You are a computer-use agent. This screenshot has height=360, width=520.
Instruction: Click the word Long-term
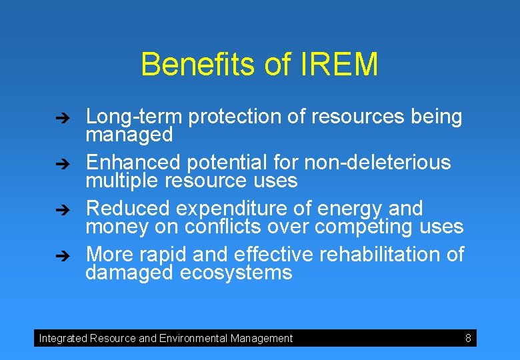[x=134, y=117]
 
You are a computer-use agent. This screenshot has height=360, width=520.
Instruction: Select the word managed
[x=129, y=135]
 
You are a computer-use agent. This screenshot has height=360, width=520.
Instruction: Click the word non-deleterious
[x=377, y=162]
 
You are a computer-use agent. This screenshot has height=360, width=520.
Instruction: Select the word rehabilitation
[x=385, y=254]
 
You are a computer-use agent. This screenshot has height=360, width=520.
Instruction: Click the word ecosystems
[x=236, y=273]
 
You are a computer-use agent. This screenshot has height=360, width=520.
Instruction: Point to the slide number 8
[x=468, y=339]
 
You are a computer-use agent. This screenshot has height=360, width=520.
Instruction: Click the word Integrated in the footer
[x=63, y=339]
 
